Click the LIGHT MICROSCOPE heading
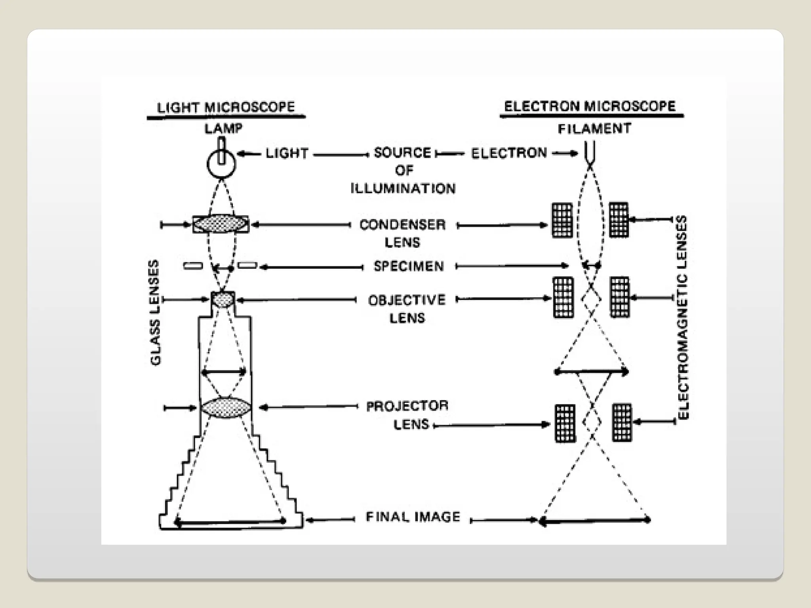[226, 107]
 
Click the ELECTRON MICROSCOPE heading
[590, 106]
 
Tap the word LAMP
[223, 128]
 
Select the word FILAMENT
[594, 129]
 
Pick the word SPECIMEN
[409, 266]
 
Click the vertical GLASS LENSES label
[155, 312]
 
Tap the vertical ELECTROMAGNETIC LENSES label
[683, 317]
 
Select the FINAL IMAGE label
[413, 517]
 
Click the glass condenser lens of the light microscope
[221, 224]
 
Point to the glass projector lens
[226, 407]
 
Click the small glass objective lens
[223, 300]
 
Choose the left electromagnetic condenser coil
[562, 220]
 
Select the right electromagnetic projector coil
[622, 422]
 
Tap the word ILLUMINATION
[403, 188]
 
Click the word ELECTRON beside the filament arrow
[509, 153]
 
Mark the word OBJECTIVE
[407, 300]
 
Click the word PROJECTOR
[407, 406]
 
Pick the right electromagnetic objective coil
[620, 297]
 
